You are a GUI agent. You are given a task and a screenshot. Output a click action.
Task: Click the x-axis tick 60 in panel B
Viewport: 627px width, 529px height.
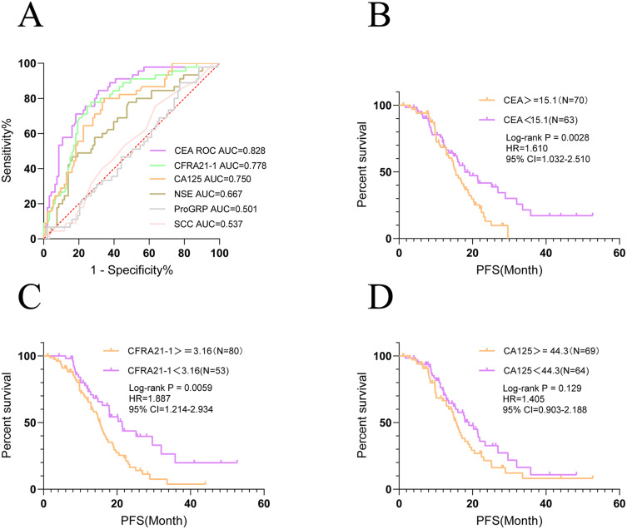pyautogui.click(x=617, y=253)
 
